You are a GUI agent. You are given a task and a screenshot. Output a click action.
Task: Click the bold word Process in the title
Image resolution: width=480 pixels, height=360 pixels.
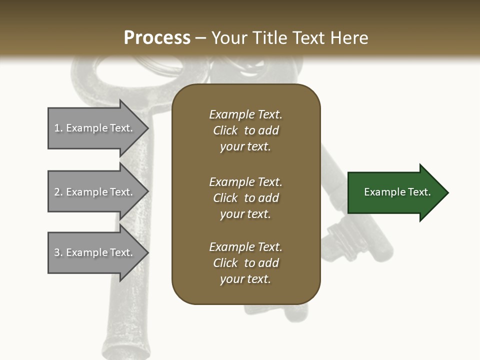tap(157, 38)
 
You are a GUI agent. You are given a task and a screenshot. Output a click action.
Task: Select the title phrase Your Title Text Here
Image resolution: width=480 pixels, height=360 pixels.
tap(289, 38)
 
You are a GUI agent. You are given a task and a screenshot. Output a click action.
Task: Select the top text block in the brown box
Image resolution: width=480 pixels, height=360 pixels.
tap(245, 130)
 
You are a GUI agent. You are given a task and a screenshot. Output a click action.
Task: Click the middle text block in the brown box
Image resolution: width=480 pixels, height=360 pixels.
tap(245, 198)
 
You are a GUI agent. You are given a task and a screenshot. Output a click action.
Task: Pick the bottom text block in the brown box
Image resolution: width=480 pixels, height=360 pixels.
tap(245, 263)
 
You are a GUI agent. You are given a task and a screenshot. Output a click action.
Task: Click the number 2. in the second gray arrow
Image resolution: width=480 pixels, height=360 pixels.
tap(58, 192)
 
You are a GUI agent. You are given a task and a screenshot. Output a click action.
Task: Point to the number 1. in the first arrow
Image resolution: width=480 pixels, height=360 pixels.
tap(58, 128)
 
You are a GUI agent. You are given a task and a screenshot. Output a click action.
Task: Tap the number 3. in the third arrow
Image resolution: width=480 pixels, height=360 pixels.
tap(58, 252)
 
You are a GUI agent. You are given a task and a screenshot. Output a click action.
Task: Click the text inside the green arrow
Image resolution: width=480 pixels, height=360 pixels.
tap(397, 192)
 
